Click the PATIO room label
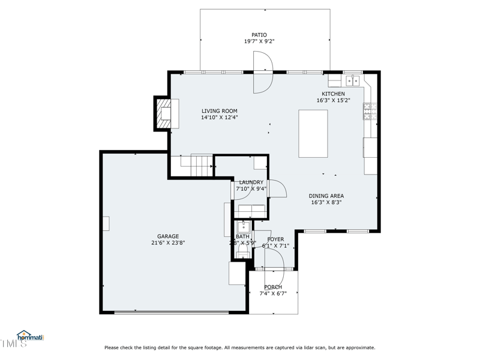(259, 35)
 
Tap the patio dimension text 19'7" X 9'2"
(259, 42)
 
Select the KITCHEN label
(333, 94)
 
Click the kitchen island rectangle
(313, 134)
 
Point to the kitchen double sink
(352, 80)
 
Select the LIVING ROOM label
(219, 111)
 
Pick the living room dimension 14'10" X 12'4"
(219, 118)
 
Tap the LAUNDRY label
(251, 182)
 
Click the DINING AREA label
(326, 196)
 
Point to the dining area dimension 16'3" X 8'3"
(326, 203)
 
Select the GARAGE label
(168, 236)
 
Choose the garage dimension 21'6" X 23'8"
(168, 244)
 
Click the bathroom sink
(243, 227)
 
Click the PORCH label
(273, 287)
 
